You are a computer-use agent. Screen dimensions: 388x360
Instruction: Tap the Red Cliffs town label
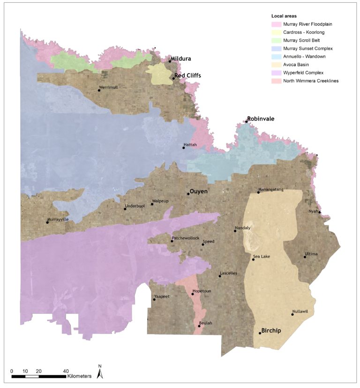click(x=187, y=75)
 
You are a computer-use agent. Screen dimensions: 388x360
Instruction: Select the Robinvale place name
click(x=261, y=119)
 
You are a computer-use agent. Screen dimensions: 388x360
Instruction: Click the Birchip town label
click(x=271, y=330)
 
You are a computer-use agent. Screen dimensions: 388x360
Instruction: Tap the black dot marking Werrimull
click(x=99, y=90)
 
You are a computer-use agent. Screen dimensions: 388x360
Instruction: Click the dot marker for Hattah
click(x=184, y=148)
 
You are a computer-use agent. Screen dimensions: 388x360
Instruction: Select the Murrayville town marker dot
click(x=47, y=222)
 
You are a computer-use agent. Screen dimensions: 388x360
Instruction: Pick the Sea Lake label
click(x=262, y=256)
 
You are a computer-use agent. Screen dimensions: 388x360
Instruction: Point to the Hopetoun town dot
click(x=193, y=294)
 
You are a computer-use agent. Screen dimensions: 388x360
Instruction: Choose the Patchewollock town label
click(x=186, y=238)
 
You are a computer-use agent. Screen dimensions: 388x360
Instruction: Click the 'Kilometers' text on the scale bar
click(x=79, y=376)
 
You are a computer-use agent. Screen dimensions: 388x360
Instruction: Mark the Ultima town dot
click(x=305, y=257)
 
